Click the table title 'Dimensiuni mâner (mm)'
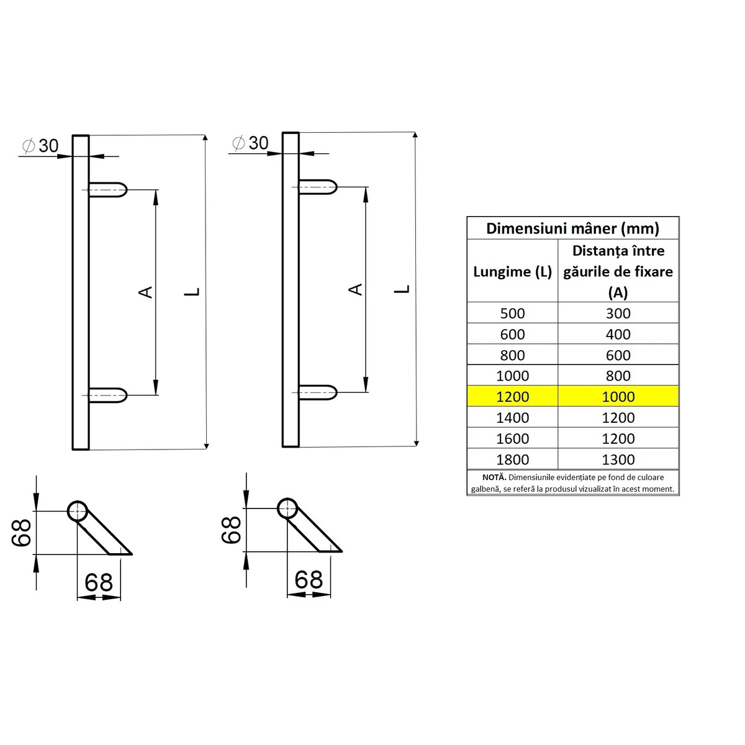[572, 228]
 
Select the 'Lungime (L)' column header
[512, 271]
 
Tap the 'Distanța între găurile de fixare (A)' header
[618, 271]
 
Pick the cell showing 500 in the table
[512, 314]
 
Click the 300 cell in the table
[618, 314]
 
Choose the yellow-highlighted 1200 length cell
[512, 397]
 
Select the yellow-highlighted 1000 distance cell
[618, 397]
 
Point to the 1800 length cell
[512, 459]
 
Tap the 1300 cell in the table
[618, 459]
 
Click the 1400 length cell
[512, 418]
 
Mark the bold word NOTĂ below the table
[494, 477]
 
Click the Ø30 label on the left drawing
[41, 146]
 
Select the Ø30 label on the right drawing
[251, 143]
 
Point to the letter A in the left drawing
[146, 291]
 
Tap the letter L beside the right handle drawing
[404, 289]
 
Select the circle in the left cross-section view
[78, 512]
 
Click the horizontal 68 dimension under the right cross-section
[309, 580]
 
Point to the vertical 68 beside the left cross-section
[22, 532]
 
